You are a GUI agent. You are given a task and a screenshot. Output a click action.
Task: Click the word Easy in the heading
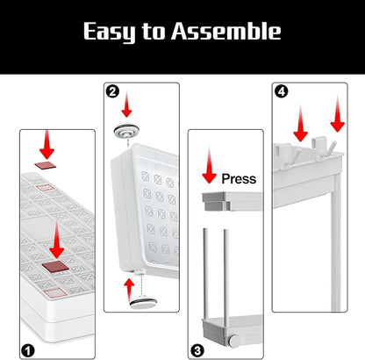[x=110, y=32]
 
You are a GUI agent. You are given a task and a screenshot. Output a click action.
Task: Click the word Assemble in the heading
[x=226, y=31]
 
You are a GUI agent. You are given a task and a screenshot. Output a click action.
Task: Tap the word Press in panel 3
[x=239, y=178]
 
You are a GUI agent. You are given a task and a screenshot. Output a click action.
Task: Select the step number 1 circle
[x=28, y=350]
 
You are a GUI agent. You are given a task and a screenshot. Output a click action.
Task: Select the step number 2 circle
[x=112, y=91]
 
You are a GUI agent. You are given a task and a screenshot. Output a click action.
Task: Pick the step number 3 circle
[x=197, y=350]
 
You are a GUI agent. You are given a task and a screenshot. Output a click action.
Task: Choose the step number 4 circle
[x=282, y=91]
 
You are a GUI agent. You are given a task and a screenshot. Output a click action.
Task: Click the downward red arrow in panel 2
[x=126, y=104]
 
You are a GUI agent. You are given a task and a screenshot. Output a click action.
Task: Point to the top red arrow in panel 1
[x=47, y=145]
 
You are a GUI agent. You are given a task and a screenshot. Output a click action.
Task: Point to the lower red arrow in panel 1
[x=57, y=240]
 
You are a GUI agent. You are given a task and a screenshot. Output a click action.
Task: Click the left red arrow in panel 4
[x=300, y=124]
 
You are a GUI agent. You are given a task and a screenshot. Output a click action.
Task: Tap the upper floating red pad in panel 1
[x=46, y=165]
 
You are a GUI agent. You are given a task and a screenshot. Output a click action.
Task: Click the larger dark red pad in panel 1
[x=55, y=266]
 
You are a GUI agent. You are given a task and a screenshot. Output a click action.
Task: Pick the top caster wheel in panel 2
[x=126, y=131]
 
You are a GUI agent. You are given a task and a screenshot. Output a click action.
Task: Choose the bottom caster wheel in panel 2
[x=143, y=302]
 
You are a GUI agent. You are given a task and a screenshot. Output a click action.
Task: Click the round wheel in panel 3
[x=234, y=342]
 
